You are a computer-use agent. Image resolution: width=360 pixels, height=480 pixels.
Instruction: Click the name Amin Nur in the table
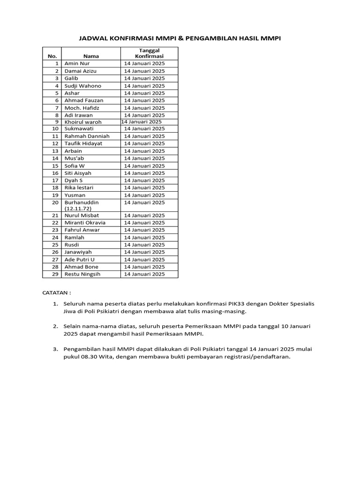click(x=77, y=64)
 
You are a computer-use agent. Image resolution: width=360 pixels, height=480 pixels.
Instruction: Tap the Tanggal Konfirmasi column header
click(x=149, y=53)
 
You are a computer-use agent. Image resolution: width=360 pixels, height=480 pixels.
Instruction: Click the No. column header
click(x=52, y=56)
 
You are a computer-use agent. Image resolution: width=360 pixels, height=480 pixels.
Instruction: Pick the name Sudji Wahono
click(x=82, y=86)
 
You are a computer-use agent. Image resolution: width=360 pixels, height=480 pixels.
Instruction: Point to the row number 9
click(x=56, y=122)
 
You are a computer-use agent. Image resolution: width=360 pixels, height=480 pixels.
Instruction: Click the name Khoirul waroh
click(x=82, y=122)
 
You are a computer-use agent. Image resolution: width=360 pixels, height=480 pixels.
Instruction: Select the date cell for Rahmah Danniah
click(x=144, y=136)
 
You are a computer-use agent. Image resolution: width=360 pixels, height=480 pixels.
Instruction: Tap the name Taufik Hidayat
click(x=83, y=143)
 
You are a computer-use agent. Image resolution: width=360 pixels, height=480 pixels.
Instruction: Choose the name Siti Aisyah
click(x=78, y=173)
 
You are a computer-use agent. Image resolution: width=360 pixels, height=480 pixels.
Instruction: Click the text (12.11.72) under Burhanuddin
click(x=78, y=209)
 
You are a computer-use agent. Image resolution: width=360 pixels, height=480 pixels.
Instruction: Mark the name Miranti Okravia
click(x=85, y=223)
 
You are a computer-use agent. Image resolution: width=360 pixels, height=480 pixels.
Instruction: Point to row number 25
click(x=55, y=245)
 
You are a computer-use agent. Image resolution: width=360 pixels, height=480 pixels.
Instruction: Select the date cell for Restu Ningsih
click(x=144, y=274)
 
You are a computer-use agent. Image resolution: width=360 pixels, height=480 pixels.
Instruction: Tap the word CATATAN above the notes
click(x=55, y=293)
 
